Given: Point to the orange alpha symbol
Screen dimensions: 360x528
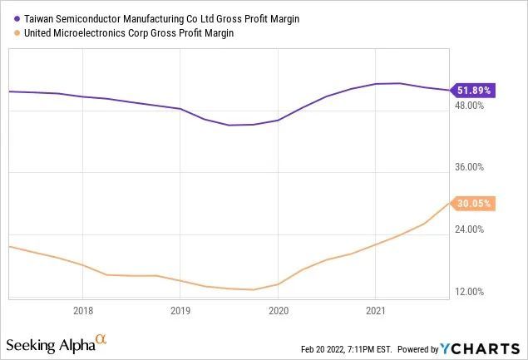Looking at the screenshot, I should click(101, 339).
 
